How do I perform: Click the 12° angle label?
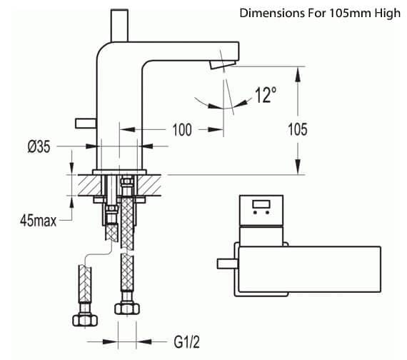click(x=266, y=95)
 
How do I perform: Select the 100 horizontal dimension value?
click(x=182, y=129)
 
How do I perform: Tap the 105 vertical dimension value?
click(x=298, y=129)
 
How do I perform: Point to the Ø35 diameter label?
click(x=39, y=146)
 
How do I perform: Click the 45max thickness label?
click(x=38, y=221)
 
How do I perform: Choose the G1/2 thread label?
click(x=186, y=342)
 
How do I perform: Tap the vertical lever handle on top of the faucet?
click(x=119, y=26)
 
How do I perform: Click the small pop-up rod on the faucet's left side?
click(x=86, y=124)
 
